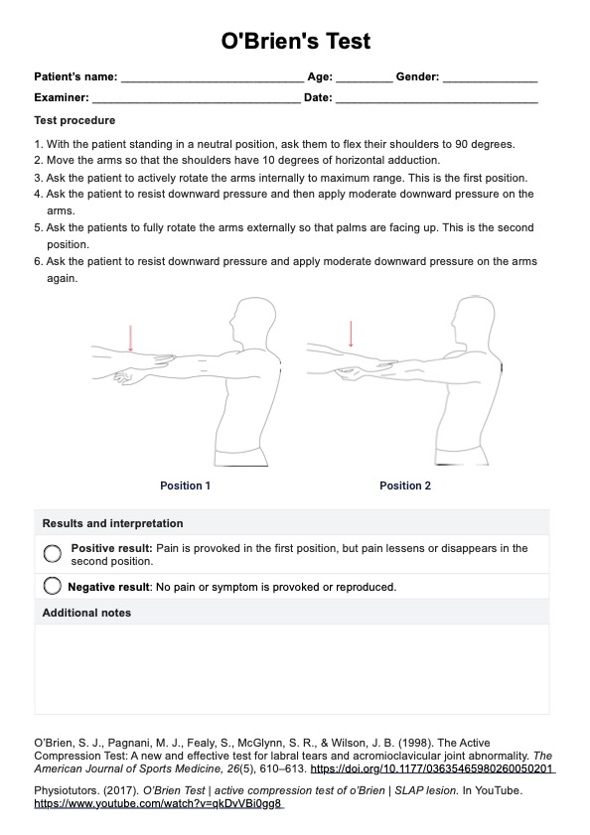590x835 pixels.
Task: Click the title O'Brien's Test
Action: coord(295,41)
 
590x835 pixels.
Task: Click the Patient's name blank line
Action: coord(213,81)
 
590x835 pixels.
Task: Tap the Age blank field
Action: coord(364,81)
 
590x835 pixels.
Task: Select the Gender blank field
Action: coord(490,81)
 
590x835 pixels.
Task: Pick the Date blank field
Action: coord(436,102)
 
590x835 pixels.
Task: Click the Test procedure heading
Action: coord(74,120)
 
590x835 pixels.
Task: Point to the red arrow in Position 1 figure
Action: coord(130,338)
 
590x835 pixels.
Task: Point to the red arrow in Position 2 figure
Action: coord(351,334)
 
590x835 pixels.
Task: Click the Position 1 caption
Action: coord(185,486)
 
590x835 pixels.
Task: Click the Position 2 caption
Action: coord(405,486)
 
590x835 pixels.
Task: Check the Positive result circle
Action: coord(53,554)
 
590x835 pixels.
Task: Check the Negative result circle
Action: coord(53,587)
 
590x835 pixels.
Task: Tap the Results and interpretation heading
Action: coord(112,523)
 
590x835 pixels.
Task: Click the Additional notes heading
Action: coord(86,613)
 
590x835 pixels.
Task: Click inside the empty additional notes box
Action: coord(292,669)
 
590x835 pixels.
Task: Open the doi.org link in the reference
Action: coord(433,768)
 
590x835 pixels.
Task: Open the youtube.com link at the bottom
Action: coord(158,803)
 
